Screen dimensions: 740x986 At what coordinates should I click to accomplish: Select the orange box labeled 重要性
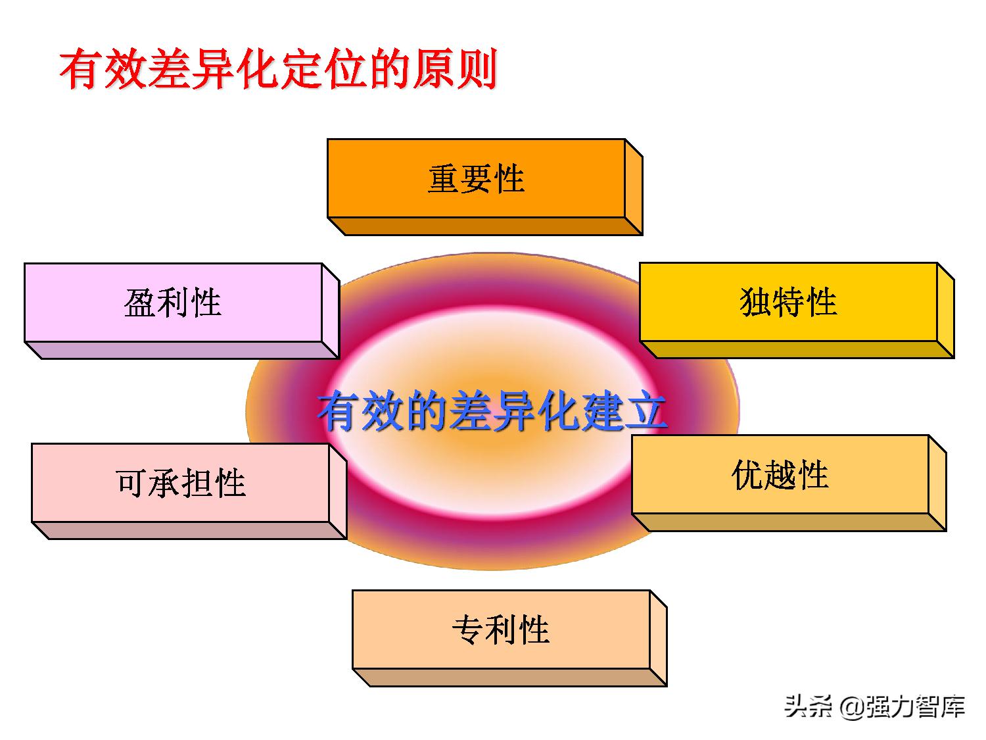click(476, 179)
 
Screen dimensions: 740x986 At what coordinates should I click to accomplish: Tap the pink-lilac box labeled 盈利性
click(173, 303)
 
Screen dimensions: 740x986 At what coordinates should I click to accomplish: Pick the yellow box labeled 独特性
click(788, 303)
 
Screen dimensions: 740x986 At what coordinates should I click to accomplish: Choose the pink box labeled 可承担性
click(180, 483)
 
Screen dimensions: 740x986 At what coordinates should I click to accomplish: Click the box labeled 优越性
click(780, 474)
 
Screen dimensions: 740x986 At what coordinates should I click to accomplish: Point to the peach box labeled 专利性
click(501, 629)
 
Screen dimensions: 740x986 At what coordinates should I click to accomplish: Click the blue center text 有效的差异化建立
click(492, 412)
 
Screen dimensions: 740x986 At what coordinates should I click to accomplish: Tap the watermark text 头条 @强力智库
click(874, 706)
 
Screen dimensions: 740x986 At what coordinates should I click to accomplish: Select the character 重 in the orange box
click(444, 179)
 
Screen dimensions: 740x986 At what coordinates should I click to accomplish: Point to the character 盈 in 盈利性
click(139, 303)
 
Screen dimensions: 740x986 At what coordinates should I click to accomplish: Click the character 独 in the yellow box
click(755, 303)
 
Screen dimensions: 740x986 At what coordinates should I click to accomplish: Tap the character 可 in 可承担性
click(131, 483)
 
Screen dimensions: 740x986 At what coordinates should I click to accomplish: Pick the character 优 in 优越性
click(747, 474)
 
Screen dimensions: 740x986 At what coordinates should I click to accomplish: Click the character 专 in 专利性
click(468, 629)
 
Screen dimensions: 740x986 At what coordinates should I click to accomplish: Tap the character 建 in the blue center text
click(602, 412)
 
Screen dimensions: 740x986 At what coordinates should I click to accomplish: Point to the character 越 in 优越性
click(780, 474)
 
